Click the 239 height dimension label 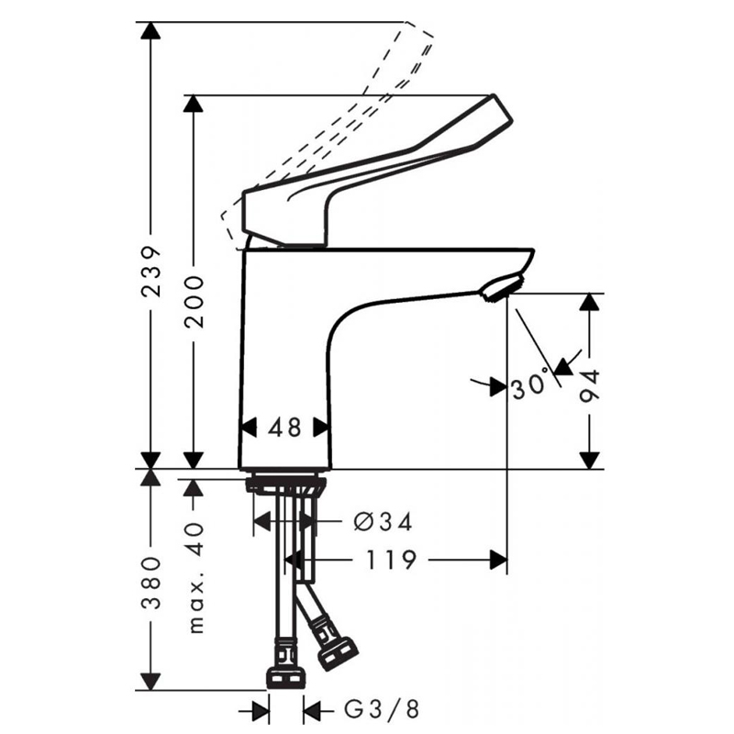tap(151, 271)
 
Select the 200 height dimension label tap(195, 302)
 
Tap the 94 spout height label tap(590, 385)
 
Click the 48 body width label tap(284, 428)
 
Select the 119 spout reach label tap(391, 560)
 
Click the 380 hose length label tap(151, 583)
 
